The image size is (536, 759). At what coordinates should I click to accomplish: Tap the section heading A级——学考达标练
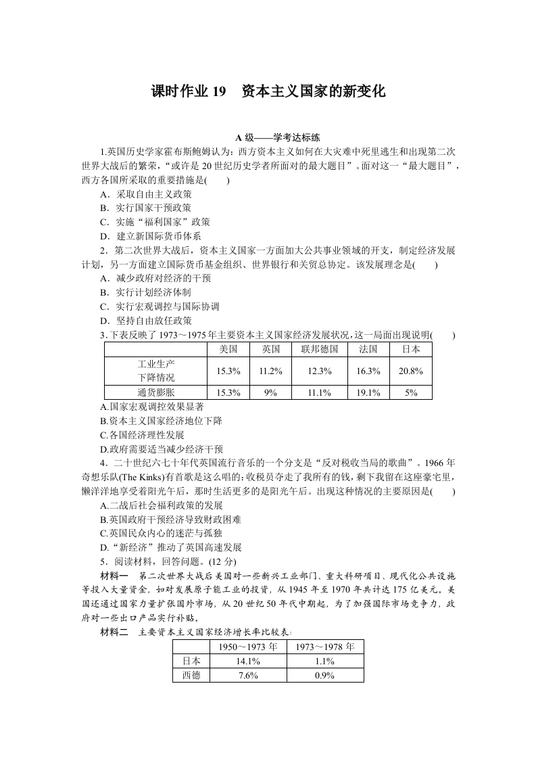click(x=268, y=137)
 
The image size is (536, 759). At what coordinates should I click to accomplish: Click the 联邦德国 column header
click(x=319, y=350)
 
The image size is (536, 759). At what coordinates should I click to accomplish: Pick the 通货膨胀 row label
click(x=155, y=392)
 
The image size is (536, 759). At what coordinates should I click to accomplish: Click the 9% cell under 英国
click(x=271, y=392)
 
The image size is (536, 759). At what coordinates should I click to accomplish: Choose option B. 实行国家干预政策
click(x=145, y=208)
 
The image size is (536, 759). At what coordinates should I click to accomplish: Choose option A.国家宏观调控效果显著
click(x=151, y=407)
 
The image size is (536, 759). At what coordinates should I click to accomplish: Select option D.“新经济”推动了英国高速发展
click(x=170, y=547)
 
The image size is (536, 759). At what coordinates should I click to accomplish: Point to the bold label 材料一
click(x=114, y=576)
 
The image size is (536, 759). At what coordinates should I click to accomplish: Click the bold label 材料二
click(x=114, y=632)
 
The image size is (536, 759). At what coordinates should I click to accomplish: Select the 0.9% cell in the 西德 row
click(x=325, y=675)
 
